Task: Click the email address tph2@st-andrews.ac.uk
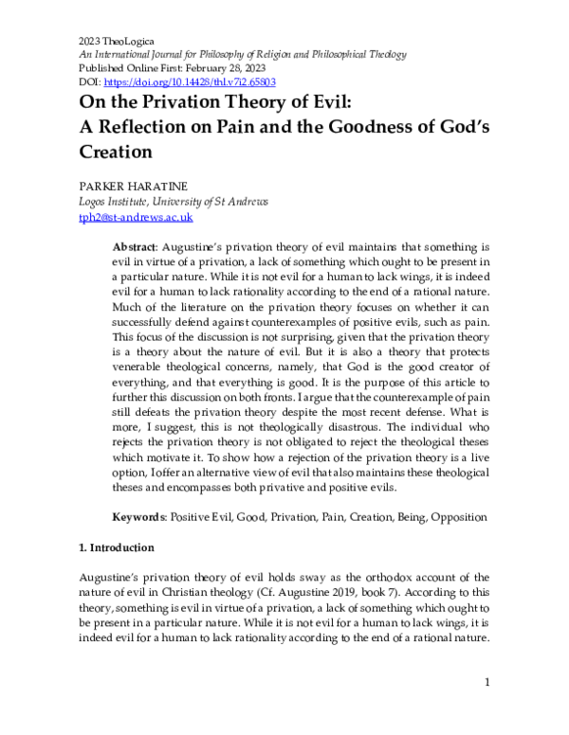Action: point(124,217)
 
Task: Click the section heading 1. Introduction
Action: point(122,548)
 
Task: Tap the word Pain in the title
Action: point(294,127)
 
